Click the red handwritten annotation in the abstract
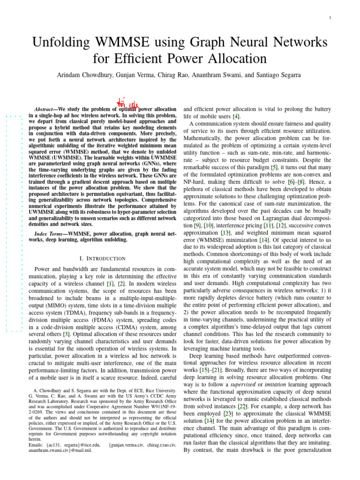(x=127, y=103)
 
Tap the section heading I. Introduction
(x=103, y=259)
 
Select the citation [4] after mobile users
(x=237, y=116)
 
